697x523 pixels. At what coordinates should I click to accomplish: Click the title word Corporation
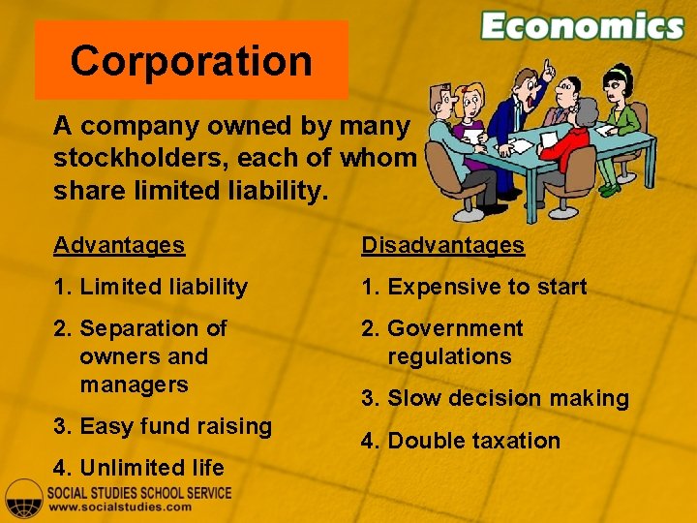[191, 61]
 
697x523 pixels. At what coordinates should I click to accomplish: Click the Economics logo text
[582, 26]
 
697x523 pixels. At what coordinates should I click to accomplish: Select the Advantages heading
[119, 245]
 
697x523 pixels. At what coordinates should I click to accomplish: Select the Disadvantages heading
[442, 245]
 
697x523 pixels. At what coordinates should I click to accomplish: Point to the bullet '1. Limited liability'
[151, 287]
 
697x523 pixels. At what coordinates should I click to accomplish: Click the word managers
[134, 385]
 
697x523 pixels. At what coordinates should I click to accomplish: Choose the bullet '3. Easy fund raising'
[163, 426]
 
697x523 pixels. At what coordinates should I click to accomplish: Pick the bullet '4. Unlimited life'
[139, 468]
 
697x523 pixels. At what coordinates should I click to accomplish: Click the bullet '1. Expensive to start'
[474, 287]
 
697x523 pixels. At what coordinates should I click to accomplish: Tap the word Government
[455, 328]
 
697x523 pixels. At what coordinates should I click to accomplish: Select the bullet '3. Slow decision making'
[495, 398]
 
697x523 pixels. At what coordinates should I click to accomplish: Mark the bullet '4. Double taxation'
[461, 441]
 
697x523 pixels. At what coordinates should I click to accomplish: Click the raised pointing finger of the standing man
[548, 66]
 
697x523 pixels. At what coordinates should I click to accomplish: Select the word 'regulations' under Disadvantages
[449, 356]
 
